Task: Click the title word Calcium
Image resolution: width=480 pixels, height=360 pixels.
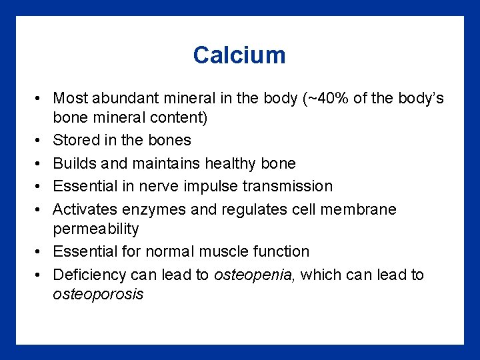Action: pos(239,55)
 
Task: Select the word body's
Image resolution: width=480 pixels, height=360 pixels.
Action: pos(418,99)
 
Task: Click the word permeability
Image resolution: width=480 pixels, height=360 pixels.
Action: pos(96,229)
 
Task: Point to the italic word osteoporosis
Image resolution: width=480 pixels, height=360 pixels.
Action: pos(98,294)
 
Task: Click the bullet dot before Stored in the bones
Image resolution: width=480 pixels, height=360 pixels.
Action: pos(39,140)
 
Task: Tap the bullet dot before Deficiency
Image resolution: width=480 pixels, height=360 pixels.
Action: pos(39,275)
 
